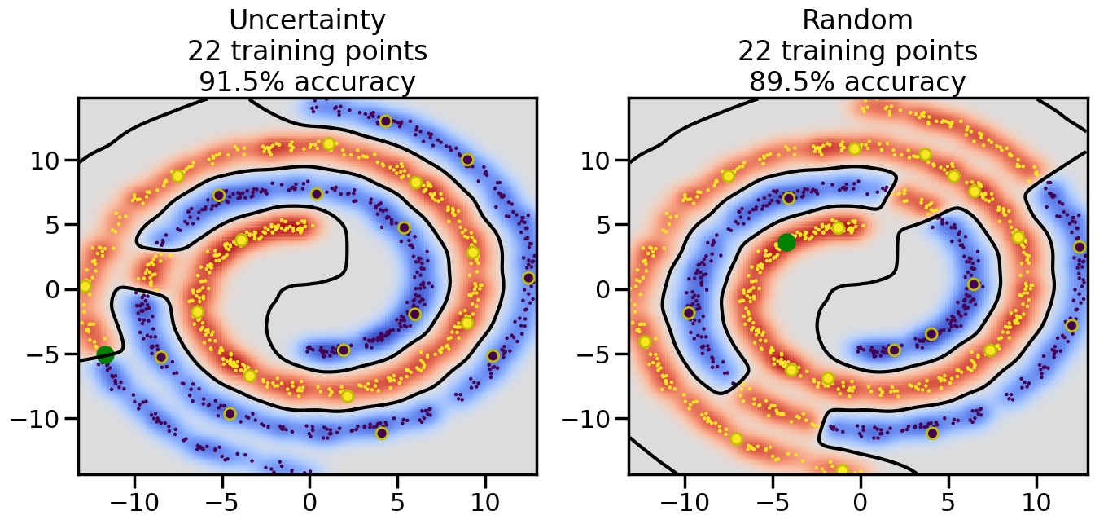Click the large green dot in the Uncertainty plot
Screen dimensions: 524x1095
tap(105, 354)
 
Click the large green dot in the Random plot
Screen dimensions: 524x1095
tap(786, 242)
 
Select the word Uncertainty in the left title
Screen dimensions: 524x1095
tap(307, 20)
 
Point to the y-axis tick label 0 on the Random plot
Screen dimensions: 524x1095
tap(608, 289)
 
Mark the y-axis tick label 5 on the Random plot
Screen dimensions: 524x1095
tap(608, 225)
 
